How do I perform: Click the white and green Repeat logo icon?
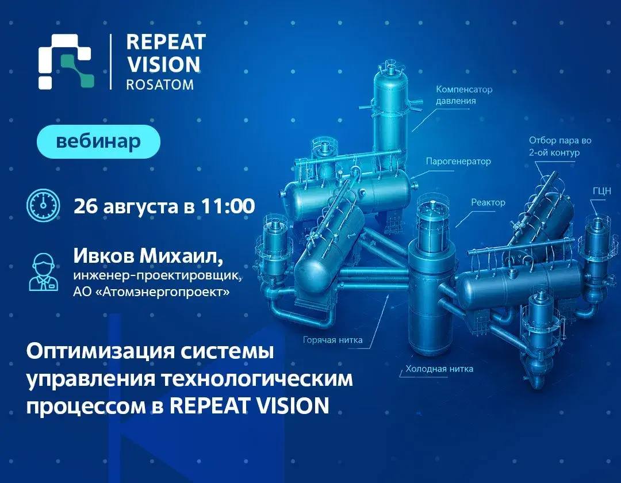tap(66, 62)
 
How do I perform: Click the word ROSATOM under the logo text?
tap(160, 85)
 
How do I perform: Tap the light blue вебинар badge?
tap(98, 141)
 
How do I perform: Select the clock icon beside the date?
tap(43, 205)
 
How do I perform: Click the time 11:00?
tap(228, 206)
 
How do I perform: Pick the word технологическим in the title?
tap(258, 379)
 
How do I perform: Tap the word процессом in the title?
tap(86, 407)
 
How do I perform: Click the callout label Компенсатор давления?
tap(464, 95)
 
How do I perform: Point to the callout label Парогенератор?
tap(458, 161)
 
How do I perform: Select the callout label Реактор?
tap(488, 203)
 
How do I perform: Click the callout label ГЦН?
tap(602, 191)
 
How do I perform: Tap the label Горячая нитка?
tap(333, 340)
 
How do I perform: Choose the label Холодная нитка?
tap(439, 369)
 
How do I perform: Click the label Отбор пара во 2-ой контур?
tap(560, 147)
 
